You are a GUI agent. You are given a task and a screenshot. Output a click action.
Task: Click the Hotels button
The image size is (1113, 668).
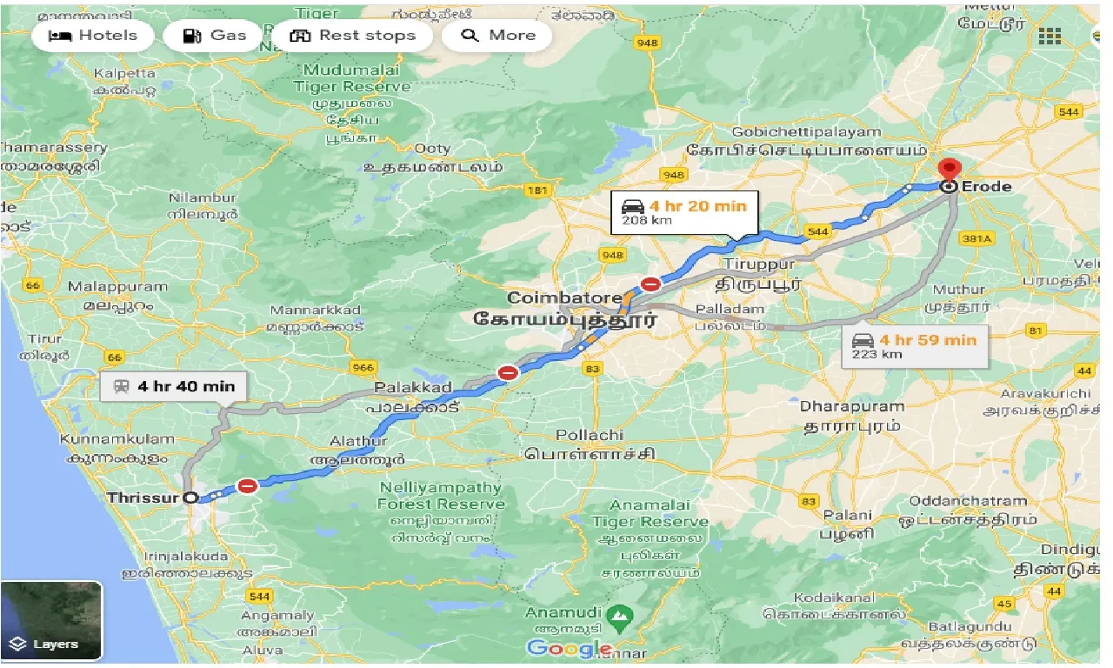93,36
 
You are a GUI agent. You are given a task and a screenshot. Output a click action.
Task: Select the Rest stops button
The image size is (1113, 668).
352,36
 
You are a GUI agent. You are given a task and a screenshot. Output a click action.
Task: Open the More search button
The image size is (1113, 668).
497,36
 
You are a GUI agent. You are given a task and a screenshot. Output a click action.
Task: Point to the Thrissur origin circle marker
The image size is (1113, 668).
191,498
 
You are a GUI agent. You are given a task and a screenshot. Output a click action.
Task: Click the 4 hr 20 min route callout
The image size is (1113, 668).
684,212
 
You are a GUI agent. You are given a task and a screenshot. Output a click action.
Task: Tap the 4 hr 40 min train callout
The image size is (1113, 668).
174,386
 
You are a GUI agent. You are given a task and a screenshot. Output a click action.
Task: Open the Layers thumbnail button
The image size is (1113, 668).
51,620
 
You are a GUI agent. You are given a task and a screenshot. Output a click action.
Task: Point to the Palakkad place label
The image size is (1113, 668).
413,387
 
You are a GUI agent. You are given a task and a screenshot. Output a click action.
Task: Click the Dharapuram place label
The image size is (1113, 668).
851,406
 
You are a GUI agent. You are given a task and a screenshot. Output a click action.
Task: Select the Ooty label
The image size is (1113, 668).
432,149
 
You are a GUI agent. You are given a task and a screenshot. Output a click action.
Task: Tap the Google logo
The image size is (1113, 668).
569,648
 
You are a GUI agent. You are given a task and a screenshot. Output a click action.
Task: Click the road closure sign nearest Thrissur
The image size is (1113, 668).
248,486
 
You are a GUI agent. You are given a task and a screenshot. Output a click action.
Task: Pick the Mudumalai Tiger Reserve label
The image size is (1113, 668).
351,79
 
